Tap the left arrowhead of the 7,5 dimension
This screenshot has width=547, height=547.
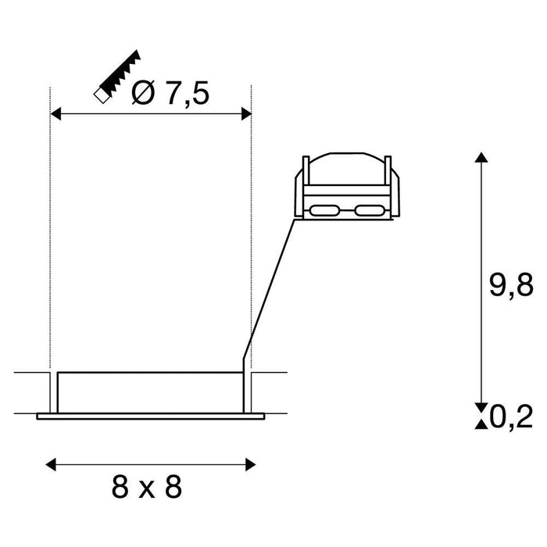(x=55, y=115)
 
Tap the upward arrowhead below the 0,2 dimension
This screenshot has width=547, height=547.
(x=481, y=424)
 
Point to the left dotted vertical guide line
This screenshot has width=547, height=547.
(x=50, y=234)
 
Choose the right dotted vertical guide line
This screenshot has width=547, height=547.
(x=252, y=234)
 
